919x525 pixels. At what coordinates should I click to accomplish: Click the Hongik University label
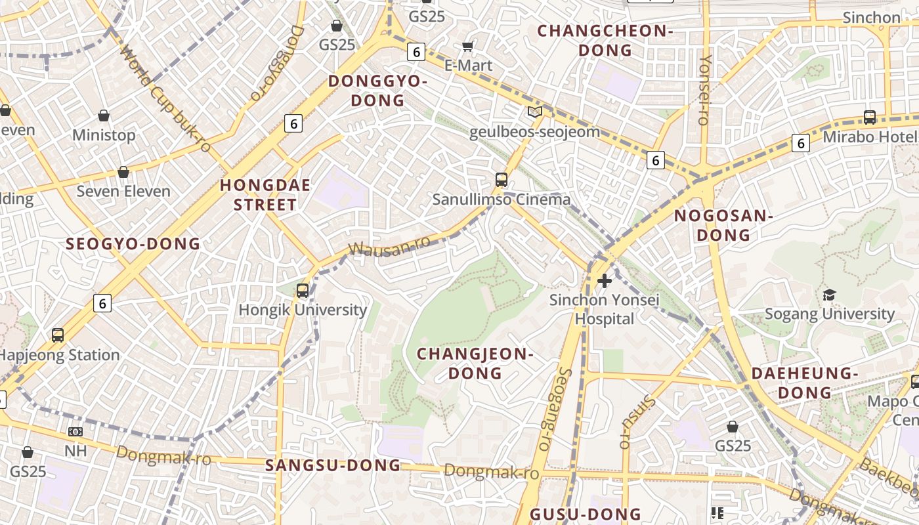302,310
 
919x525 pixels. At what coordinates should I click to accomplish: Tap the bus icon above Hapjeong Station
58,335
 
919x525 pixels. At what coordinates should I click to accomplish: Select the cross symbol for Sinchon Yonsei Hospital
605,281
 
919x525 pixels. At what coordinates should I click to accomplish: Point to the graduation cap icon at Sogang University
830,295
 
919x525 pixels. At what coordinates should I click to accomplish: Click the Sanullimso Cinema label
501,199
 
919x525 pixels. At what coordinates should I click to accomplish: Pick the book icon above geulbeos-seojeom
535,112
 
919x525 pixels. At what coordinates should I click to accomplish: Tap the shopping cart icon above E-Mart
468,46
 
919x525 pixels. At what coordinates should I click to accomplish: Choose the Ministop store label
104,135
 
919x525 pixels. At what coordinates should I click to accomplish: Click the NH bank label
75,451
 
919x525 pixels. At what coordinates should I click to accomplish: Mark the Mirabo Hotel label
869,136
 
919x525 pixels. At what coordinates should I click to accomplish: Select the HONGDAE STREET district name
265,195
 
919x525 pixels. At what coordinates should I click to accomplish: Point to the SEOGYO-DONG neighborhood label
133,244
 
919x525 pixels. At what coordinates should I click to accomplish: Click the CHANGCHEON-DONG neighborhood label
605,41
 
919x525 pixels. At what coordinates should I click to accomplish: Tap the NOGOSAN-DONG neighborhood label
723,225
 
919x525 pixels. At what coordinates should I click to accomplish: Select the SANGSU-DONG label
333,465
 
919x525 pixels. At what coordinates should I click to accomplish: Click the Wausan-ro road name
389,247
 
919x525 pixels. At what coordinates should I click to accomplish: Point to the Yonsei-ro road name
705,89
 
